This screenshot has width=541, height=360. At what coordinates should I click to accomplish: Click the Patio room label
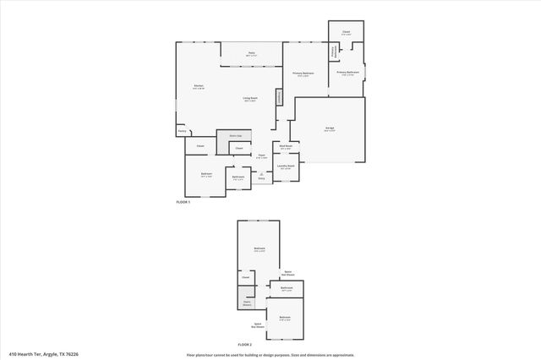pos(251,53)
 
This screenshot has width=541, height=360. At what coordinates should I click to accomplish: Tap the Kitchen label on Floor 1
pos(198,86)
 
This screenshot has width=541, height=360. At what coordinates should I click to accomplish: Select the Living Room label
pos(249,99)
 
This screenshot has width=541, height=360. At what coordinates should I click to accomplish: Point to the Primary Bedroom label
pos(303,74)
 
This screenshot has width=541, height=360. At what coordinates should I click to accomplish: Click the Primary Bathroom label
pos(348,73)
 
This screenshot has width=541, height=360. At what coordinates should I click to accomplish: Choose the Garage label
pos(330,128)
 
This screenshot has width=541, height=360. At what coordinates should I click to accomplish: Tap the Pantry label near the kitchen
pos(182,131)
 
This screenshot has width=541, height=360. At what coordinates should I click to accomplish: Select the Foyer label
pos(262,155)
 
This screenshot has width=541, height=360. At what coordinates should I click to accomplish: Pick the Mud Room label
pos(286,146)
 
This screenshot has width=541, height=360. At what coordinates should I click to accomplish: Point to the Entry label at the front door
pos(261,177)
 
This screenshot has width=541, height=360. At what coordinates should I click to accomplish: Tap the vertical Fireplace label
pos(277,98)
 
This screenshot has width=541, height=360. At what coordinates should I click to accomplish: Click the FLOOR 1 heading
pos(183,203)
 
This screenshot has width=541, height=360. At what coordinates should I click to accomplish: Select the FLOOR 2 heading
pos(245,345)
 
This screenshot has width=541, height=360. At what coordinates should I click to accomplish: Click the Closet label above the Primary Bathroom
pos(347,31)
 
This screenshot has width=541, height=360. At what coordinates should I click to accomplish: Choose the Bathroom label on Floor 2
pos(287,288)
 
